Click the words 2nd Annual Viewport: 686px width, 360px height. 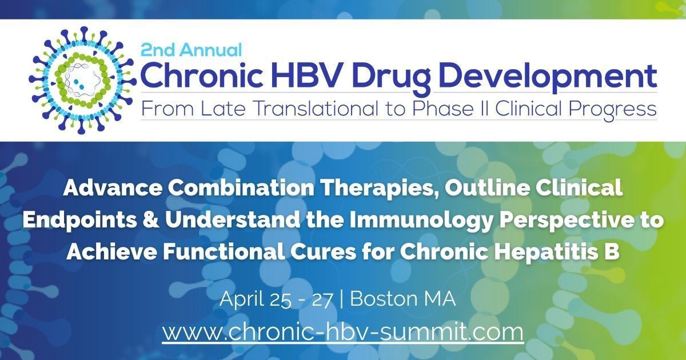(192, 50)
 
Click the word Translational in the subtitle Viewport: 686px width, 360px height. (315, 109)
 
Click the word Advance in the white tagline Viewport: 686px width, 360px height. (113, 187)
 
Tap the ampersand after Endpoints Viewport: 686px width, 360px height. (151, 219)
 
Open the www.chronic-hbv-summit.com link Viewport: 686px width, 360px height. (342, 332)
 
